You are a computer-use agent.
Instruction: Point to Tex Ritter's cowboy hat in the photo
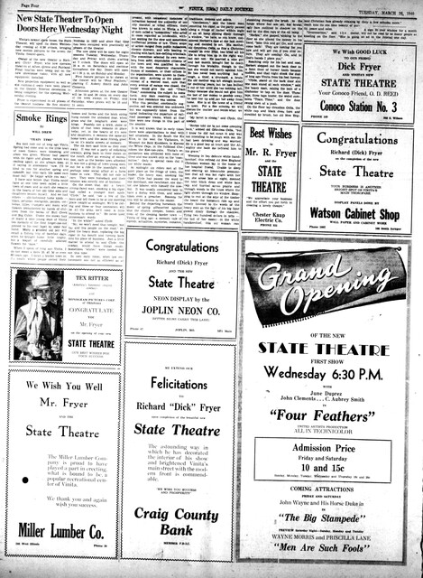(35, 309)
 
